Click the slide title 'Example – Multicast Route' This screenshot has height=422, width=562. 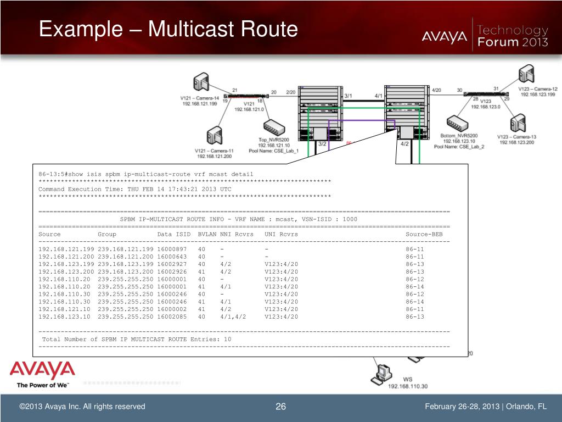pos(168,29)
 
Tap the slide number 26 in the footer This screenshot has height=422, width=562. pos(281,407)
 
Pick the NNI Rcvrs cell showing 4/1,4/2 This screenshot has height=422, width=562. pos(233,316)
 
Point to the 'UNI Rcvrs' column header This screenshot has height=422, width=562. pos(281,234)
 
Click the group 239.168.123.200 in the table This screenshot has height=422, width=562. pos(125,271)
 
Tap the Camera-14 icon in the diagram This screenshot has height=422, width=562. pos(201,83)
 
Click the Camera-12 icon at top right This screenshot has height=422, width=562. pos(526,74)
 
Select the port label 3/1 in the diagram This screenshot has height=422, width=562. pos(348,96)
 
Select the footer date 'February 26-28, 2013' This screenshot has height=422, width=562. pos(462,407)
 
